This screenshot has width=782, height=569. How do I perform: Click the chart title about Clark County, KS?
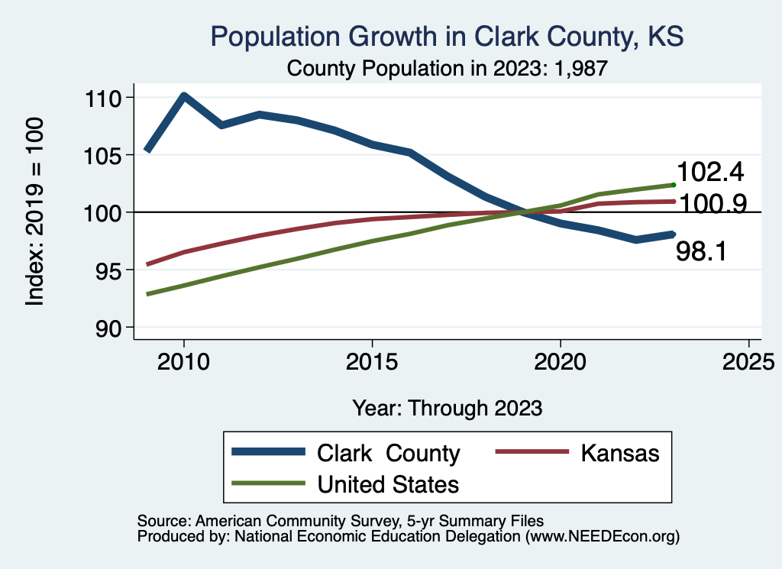(446, 37)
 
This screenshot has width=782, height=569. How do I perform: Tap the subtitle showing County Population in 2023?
(447, 69)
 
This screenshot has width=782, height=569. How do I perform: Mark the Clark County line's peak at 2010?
(184, 95)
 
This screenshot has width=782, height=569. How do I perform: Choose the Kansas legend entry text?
(619, 453)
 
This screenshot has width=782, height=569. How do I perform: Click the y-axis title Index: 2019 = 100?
(34, 212)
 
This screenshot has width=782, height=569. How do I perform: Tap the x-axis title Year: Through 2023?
(447, 408)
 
